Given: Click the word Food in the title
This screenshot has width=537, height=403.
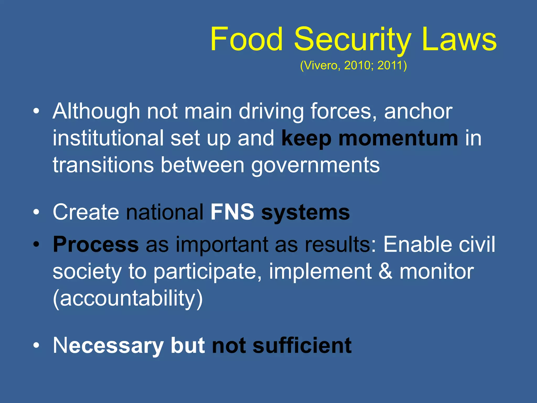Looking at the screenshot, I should click(246, 39).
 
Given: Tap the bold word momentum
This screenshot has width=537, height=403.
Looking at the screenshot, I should click(398, 139).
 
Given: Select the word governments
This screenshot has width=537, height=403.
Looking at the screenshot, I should click(315, 166).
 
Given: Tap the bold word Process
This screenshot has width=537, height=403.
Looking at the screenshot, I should click(96, 245).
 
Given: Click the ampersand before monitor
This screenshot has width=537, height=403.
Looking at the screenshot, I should click(385, 271).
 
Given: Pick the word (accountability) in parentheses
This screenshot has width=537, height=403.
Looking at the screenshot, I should click(128, 299).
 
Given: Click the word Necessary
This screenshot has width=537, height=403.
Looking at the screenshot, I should click(108, 346).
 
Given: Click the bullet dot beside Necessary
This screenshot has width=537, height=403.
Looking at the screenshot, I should click(36, 346).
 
